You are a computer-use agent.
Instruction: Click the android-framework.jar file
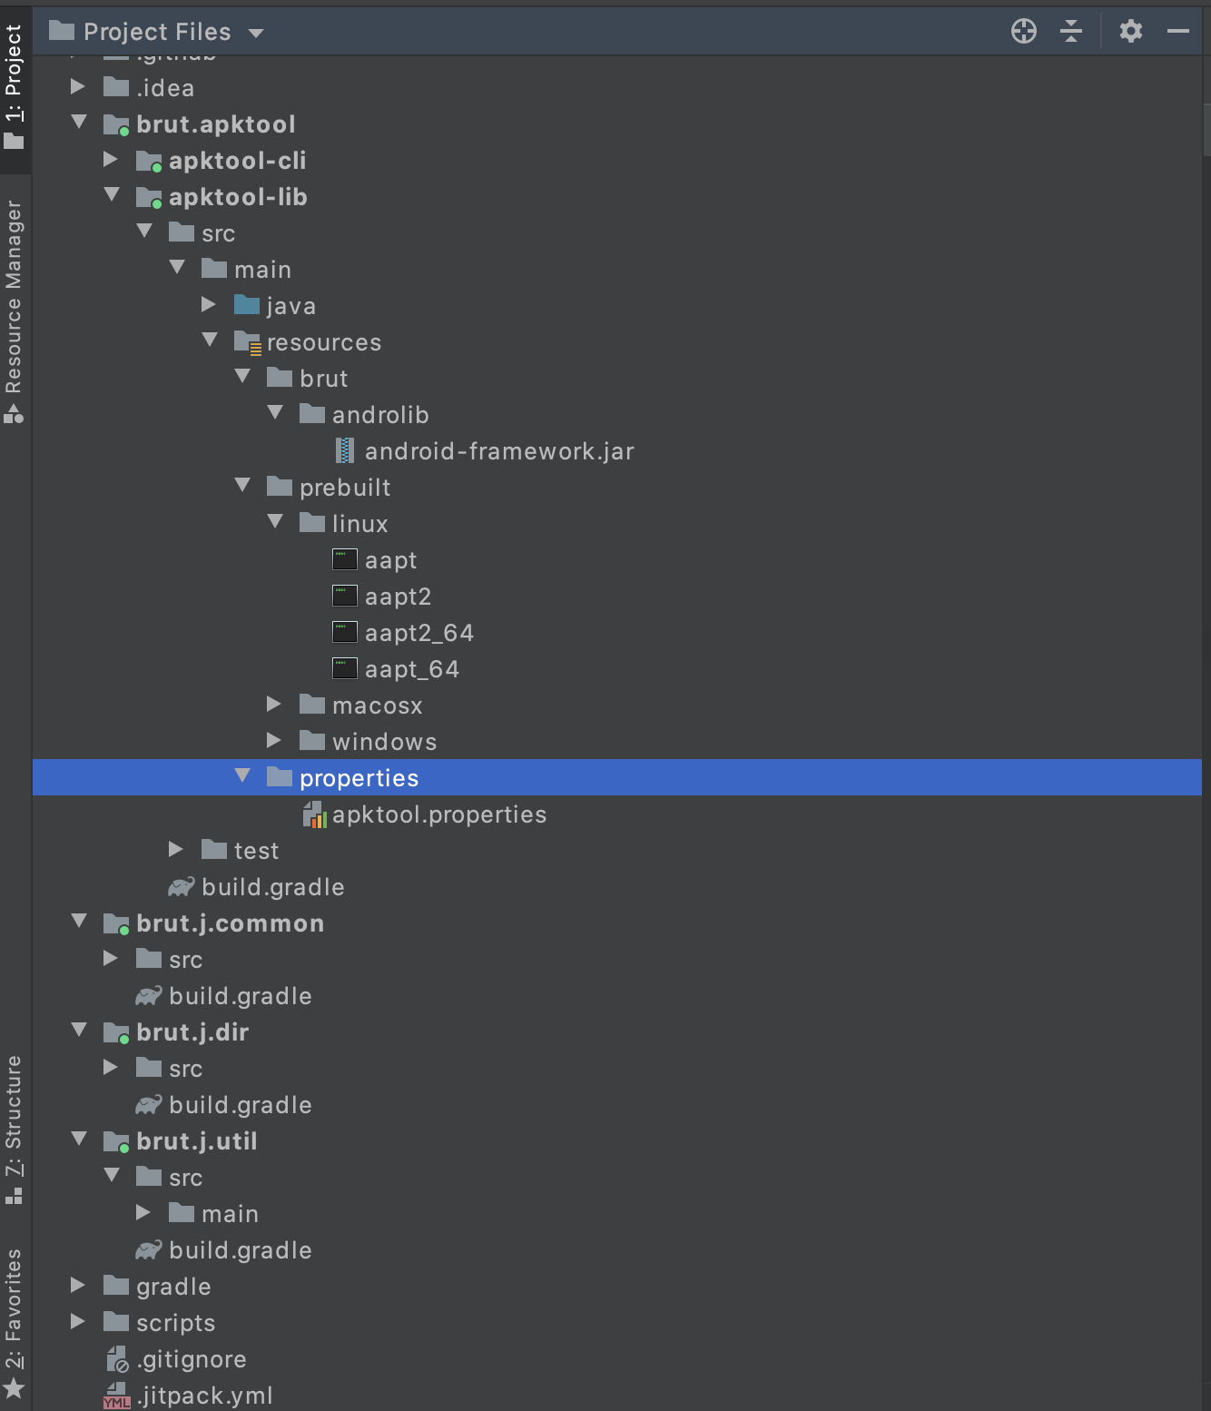pyautogui.click(x=498, y=451)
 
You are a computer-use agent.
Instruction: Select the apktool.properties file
pyautogui.click(x=438, y=814)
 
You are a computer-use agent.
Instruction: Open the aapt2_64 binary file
pyautogui.click(x=418, y=633)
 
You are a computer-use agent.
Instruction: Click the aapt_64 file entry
pyautogui.click(x=411, y=669)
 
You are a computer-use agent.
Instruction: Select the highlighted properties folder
pyautogui.click(x=359, y=778)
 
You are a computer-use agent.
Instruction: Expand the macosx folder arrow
pyautogui.click(x=274, y=705)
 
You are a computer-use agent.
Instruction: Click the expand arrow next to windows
pyautogui.click(x=274, y=741)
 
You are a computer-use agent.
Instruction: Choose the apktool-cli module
pyautogui.click(x=237, y=161)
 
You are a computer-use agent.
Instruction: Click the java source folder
pyautogui.click(x=290, y=306)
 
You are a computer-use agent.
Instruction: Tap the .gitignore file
pyautogui.click(x=191, y=1359)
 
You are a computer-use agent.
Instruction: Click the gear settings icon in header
pyautogui.click(x=1130, y=32)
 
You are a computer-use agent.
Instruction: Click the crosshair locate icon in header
pyautogui.click(x=1024, y=32)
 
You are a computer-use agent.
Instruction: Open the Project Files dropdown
pyautogui.click(x=157, y=32)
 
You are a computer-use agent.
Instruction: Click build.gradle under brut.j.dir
pyautogui.click(x=240, y=1105)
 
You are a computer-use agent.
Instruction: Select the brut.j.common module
pyautogui.click(x=230, y=923)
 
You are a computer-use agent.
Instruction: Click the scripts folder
pyautogui.click(x=175, y=1323)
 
